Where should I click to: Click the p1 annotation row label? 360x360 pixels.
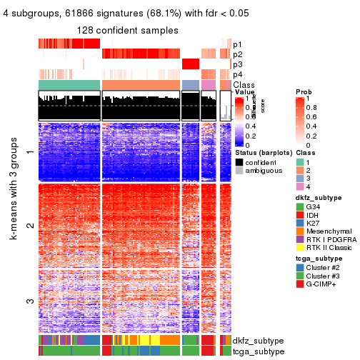pyautogui.click(x=238, y=44)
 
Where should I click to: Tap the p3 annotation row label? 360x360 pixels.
pyautogui.click(x=238, y=64)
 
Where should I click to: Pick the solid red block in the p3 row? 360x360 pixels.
pyautogui.click(x=191, y=64)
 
